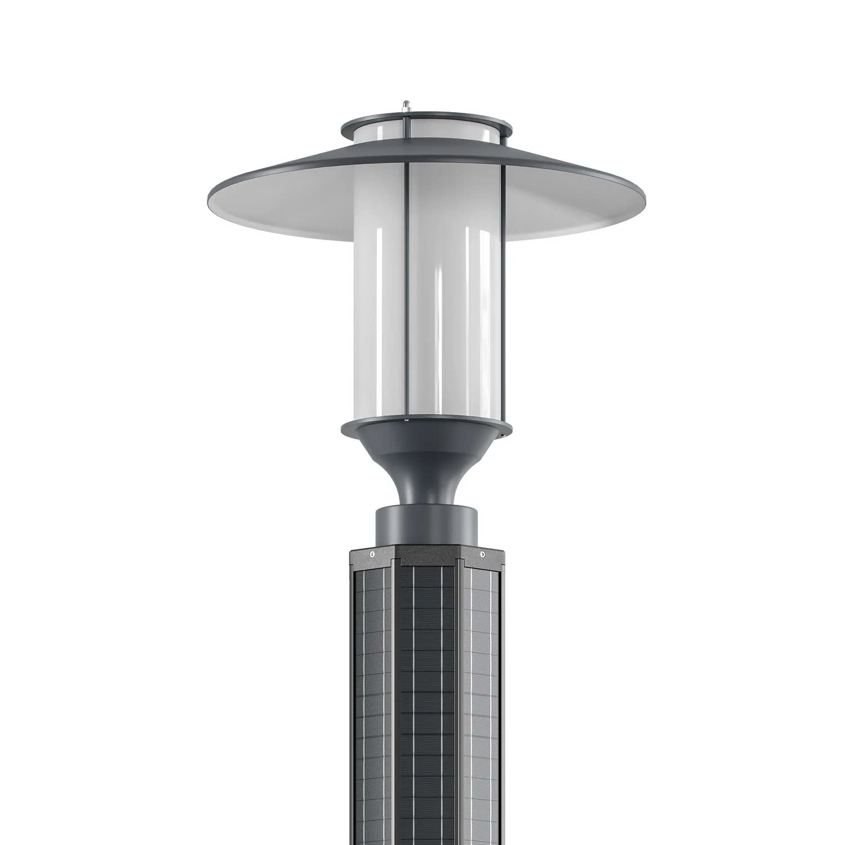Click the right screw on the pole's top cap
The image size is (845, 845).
click(482, 555)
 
